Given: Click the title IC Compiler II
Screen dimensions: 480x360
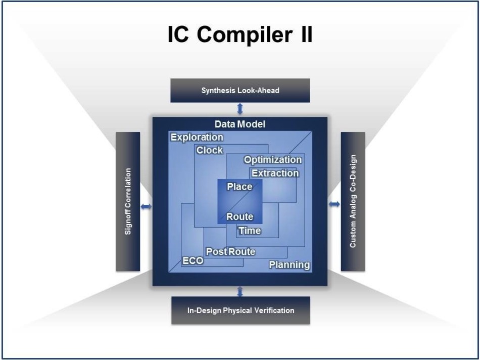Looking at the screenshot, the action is (x=241, y=34).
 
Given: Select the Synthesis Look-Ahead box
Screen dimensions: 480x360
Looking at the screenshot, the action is (x=240, y=91).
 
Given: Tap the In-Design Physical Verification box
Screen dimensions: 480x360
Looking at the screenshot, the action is (x=241, y=310).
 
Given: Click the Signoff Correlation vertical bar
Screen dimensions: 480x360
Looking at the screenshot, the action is (x=128, y=202).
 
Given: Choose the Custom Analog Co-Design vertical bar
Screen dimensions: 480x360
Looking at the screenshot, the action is (x=353, y=202).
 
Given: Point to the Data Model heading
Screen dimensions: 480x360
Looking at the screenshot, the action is (x=240, y=124).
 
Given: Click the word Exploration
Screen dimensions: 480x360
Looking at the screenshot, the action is (x=197, y=137).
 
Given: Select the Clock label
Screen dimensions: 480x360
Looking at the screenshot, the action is (x=210, y=150).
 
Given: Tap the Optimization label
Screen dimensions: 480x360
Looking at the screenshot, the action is (x=273, y=160).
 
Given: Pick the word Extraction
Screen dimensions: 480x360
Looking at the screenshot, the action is (x=275, y=173).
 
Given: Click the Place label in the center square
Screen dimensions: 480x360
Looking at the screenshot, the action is (x=239, y=187).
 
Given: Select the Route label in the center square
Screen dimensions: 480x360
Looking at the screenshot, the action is (x=239, y=216).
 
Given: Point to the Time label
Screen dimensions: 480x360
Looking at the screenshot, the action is (x=250, y=231).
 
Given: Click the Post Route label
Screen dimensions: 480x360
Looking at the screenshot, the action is (x=230, y=251).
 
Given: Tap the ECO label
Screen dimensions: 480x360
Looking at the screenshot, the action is (x=193, y=261).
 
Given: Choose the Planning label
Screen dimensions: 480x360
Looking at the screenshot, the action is (x=290, y=265).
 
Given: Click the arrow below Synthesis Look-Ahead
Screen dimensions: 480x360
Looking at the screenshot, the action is (x=240, y=109).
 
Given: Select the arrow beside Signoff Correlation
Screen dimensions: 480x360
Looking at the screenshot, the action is (x=146, y=207).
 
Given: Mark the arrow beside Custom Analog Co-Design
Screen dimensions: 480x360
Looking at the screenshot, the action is (x=334, y=204).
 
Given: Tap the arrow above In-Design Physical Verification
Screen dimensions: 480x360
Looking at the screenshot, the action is (x=240, y=291).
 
